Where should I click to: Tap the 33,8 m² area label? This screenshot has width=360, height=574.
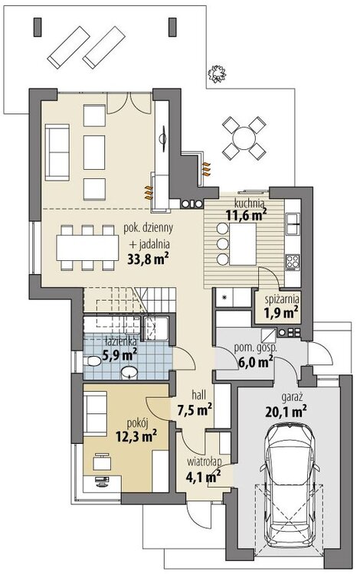pos(148,259)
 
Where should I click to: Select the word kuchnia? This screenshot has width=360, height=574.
pos(249,203)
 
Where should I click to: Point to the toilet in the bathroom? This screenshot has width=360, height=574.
pos(92,362)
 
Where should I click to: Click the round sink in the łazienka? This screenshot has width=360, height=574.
pos(129,372)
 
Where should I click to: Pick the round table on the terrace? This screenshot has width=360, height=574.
pos(244,138)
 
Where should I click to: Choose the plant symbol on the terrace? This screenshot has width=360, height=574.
pos(216,73)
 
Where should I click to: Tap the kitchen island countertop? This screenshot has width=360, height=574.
pos(243,244)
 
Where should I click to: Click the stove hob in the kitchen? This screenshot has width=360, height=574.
pos(293,262)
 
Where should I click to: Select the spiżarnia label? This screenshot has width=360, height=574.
pos(282,299)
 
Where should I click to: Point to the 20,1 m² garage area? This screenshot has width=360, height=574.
pos(286,412)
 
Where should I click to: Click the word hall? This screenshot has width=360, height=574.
pos(199,395)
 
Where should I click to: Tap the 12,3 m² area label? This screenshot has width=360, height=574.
pos(136,436)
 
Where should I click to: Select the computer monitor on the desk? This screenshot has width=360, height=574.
pos(101,480)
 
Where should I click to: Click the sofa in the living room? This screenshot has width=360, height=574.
pos(57,152)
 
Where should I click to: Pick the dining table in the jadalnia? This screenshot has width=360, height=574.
pos(87,247)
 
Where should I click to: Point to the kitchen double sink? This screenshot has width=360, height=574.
pos(293,223)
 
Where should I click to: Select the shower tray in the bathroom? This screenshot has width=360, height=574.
pos(155,328)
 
